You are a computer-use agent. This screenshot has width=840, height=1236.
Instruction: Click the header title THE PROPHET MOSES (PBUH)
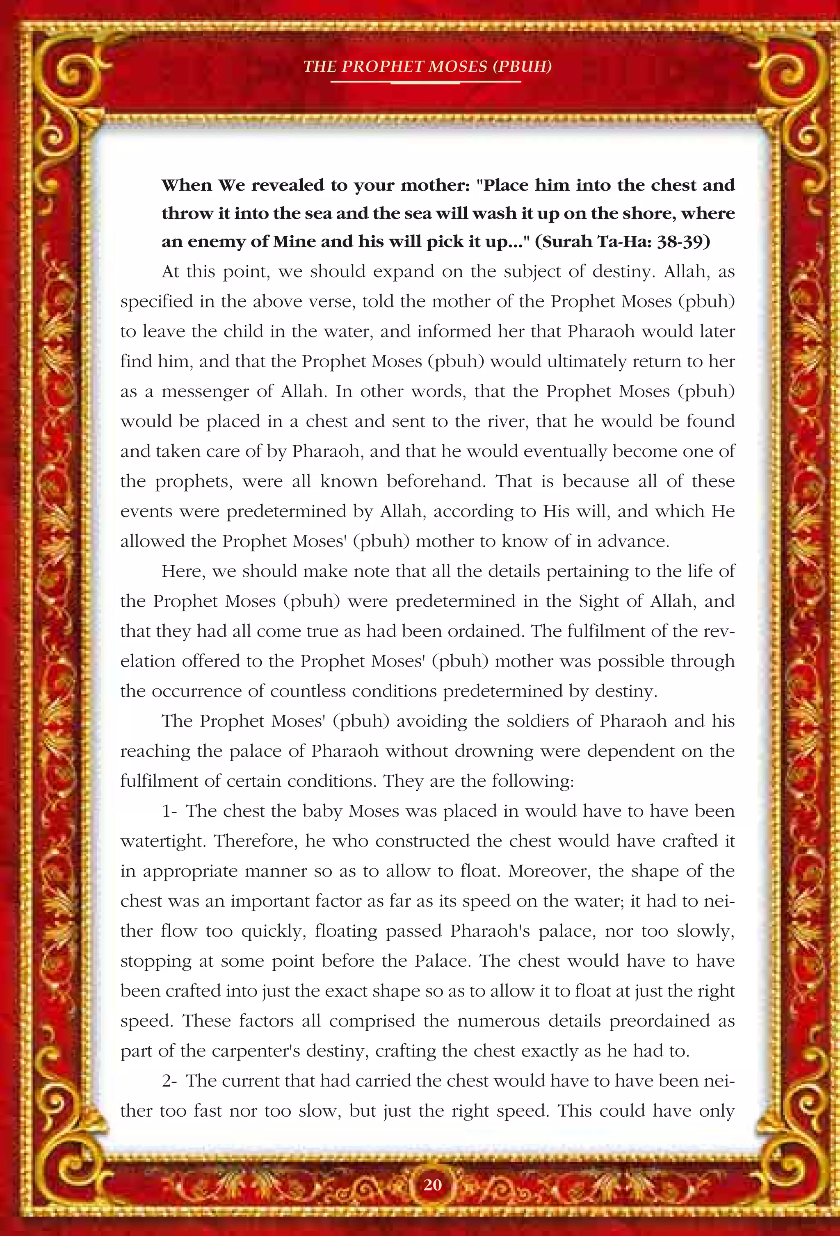pos(427,66)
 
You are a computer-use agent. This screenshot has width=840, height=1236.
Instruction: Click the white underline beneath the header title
pos(426,82)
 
